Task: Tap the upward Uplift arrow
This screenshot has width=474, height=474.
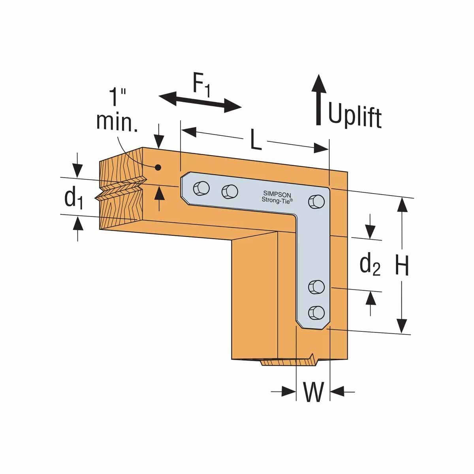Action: [319, 99]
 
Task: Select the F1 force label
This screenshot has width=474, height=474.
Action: [201, 85]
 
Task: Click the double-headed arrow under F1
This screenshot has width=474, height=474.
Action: [200, 101]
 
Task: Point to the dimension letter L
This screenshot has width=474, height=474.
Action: [256, 141]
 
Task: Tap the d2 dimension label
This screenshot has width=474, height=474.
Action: [370, 265]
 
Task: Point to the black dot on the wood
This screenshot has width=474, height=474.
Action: [158, 167]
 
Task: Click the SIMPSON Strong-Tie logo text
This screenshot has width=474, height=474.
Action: [277, 197]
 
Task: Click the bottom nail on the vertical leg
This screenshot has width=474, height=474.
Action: [316, 312]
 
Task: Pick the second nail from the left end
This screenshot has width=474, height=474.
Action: [229, 192]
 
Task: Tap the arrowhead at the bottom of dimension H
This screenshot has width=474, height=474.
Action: [402, 326]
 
